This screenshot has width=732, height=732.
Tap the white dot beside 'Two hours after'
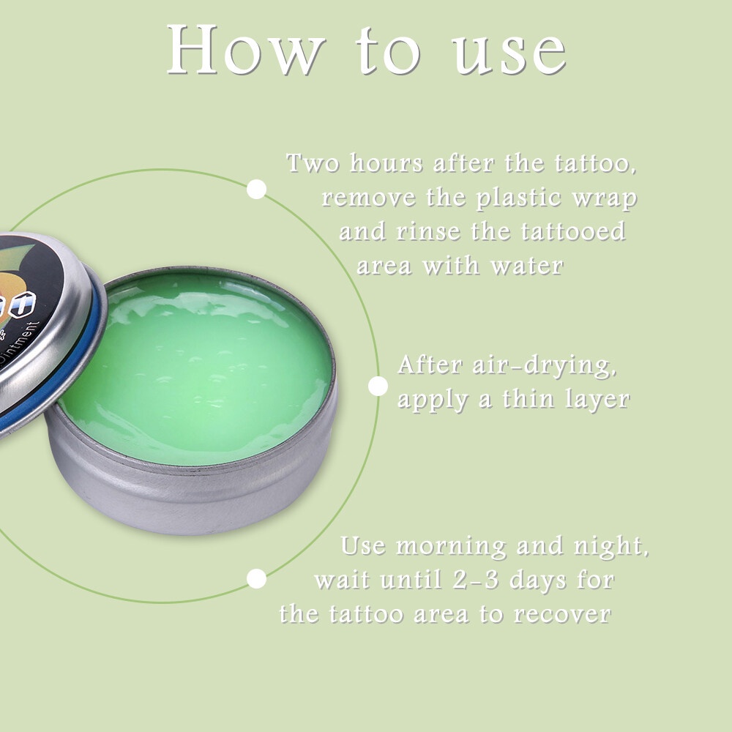pyautogui.click(x=256, y=190)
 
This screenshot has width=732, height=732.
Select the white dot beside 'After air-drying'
pyautogui.click(x=378, y=386)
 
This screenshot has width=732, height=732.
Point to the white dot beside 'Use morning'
pyautogui.click(x=256, y=579)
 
